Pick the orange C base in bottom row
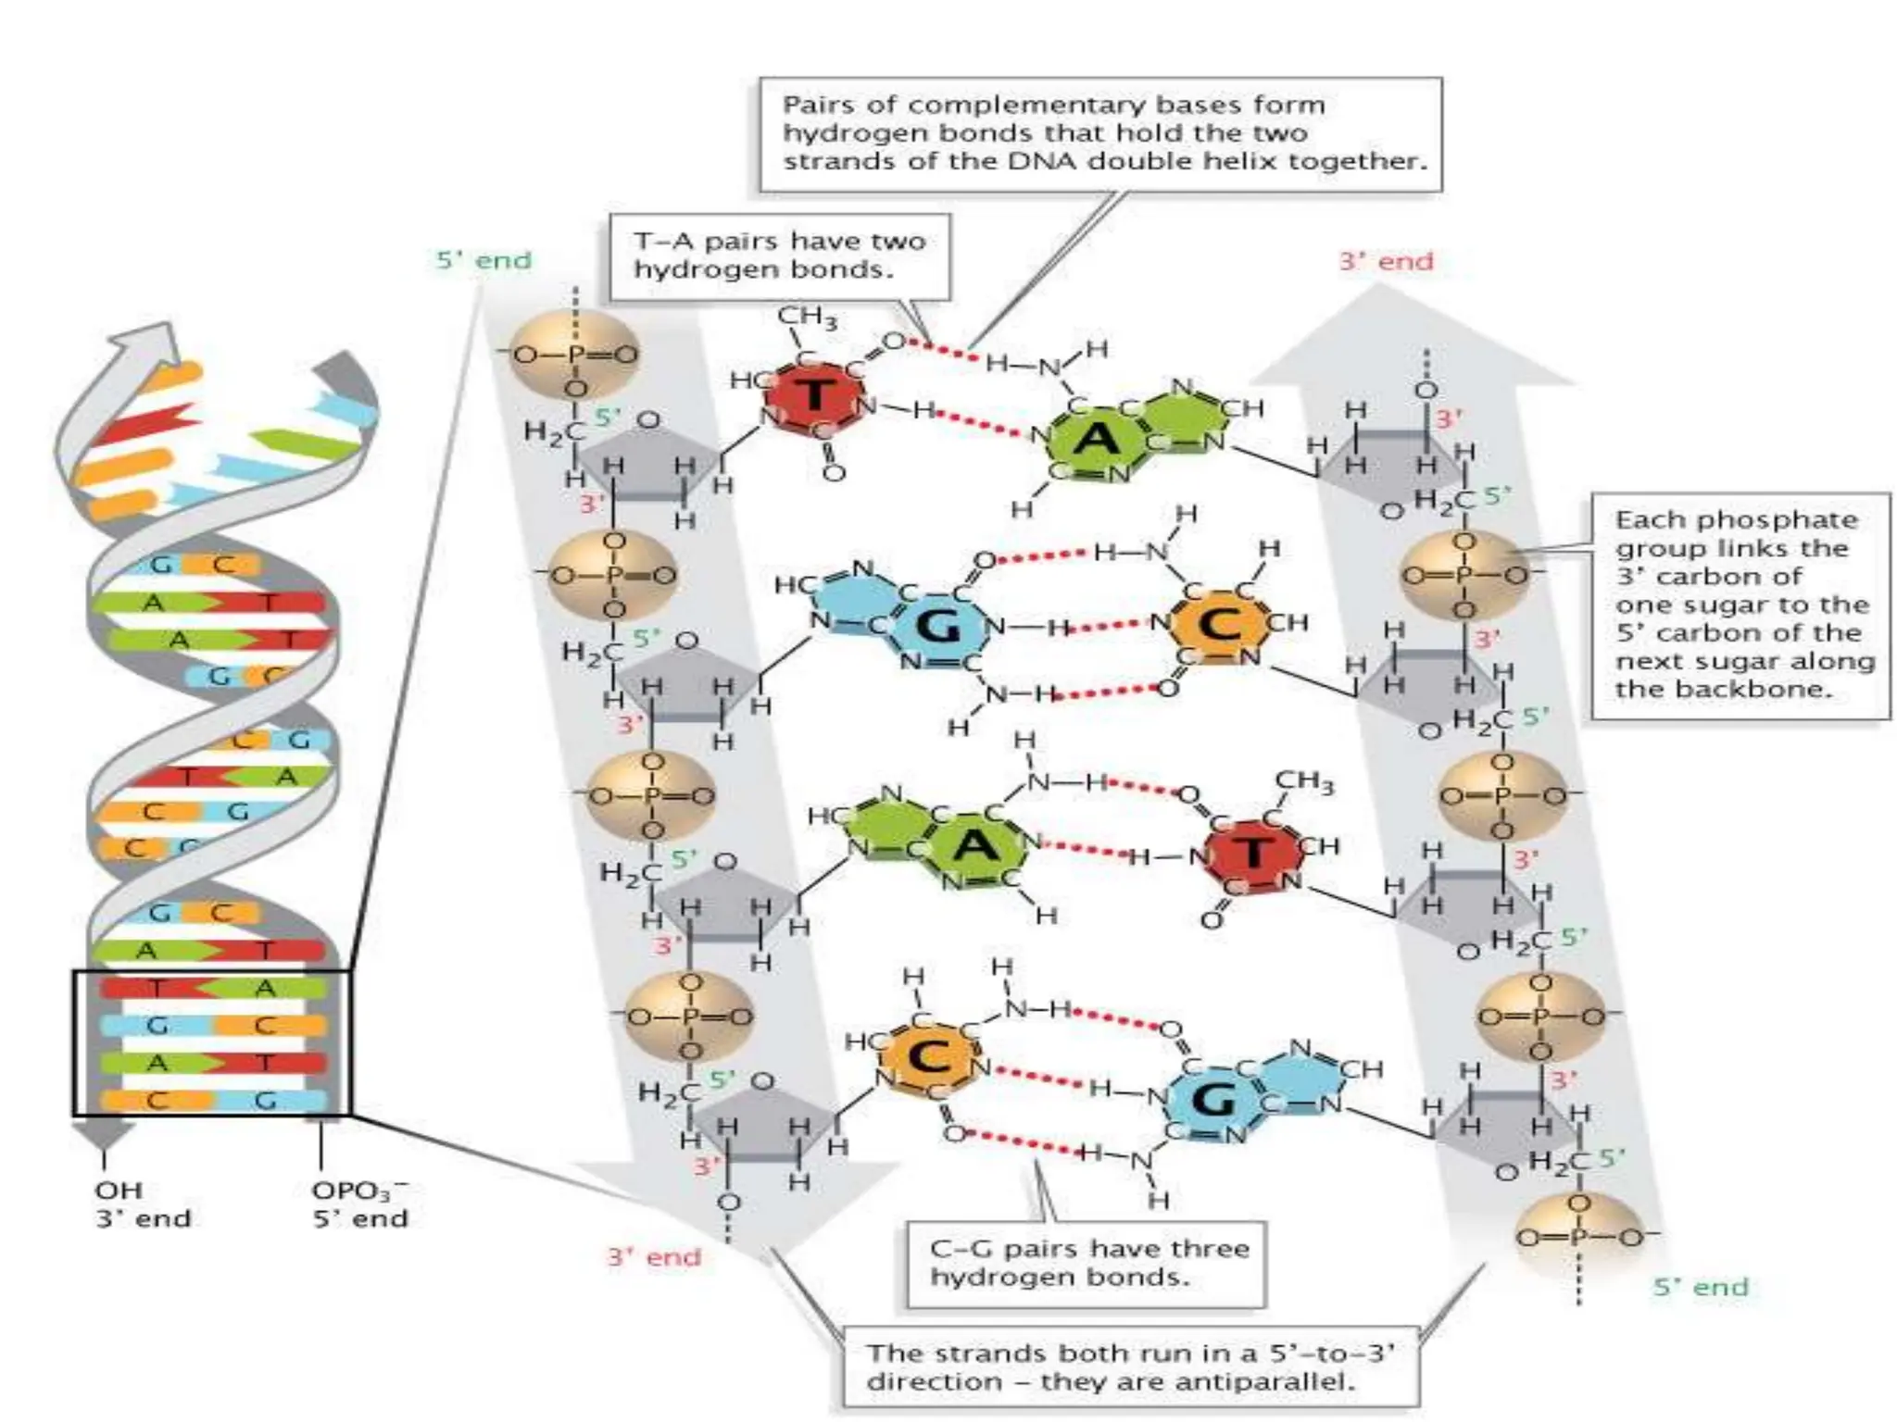(x=929, y=1057)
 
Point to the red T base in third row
(x=1252, y=852)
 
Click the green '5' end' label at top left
(x=484, y=260)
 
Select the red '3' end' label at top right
(x=1386, y=262)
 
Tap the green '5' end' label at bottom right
(x=1701, y=1287)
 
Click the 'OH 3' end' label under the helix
(x=143, y=1204)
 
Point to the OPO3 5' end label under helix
(x=359, y=1204)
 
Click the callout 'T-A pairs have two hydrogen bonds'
(x=779, y=256)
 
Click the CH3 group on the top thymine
(x=808, y=318)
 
